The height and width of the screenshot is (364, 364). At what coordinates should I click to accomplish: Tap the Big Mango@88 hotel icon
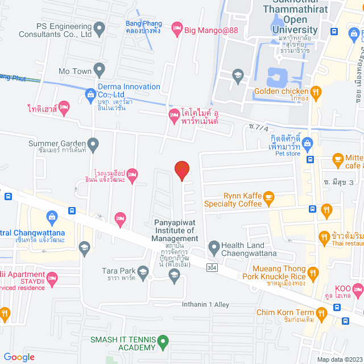pos(177,27)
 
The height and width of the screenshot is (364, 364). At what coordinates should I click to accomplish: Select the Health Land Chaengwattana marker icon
pos(214,247)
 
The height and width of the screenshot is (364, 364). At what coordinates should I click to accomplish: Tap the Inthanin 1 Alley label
pos(205,304)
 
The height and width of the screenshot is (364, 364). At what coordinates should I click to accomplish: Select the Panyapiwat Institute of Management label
pos(175,230)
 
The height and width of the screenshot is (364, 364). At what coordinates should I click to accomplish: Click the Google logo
pos(19,357)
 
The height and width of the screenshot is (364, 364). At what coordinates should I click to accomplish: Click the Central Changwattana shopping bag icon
pos(52,216)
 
